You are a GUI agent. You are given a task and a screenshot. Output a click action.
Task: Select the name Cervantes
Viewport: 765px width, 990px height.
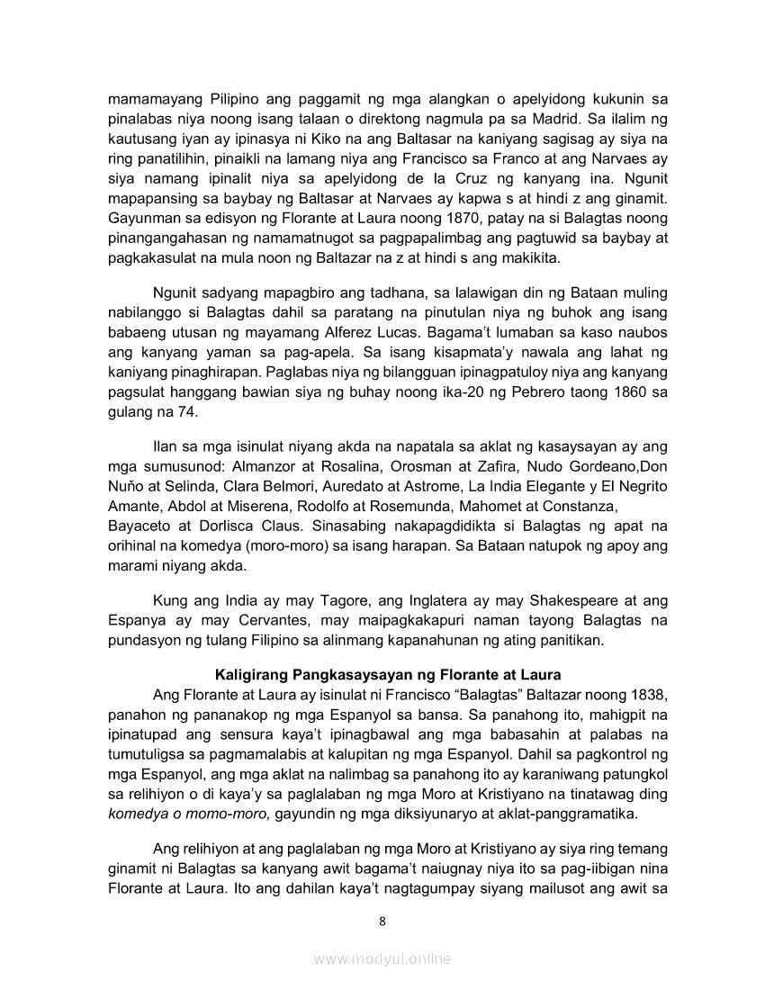(262, 620)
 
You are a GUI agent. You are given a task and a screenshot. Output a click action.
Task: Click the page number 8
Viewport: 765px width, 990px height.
(382, 921)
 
